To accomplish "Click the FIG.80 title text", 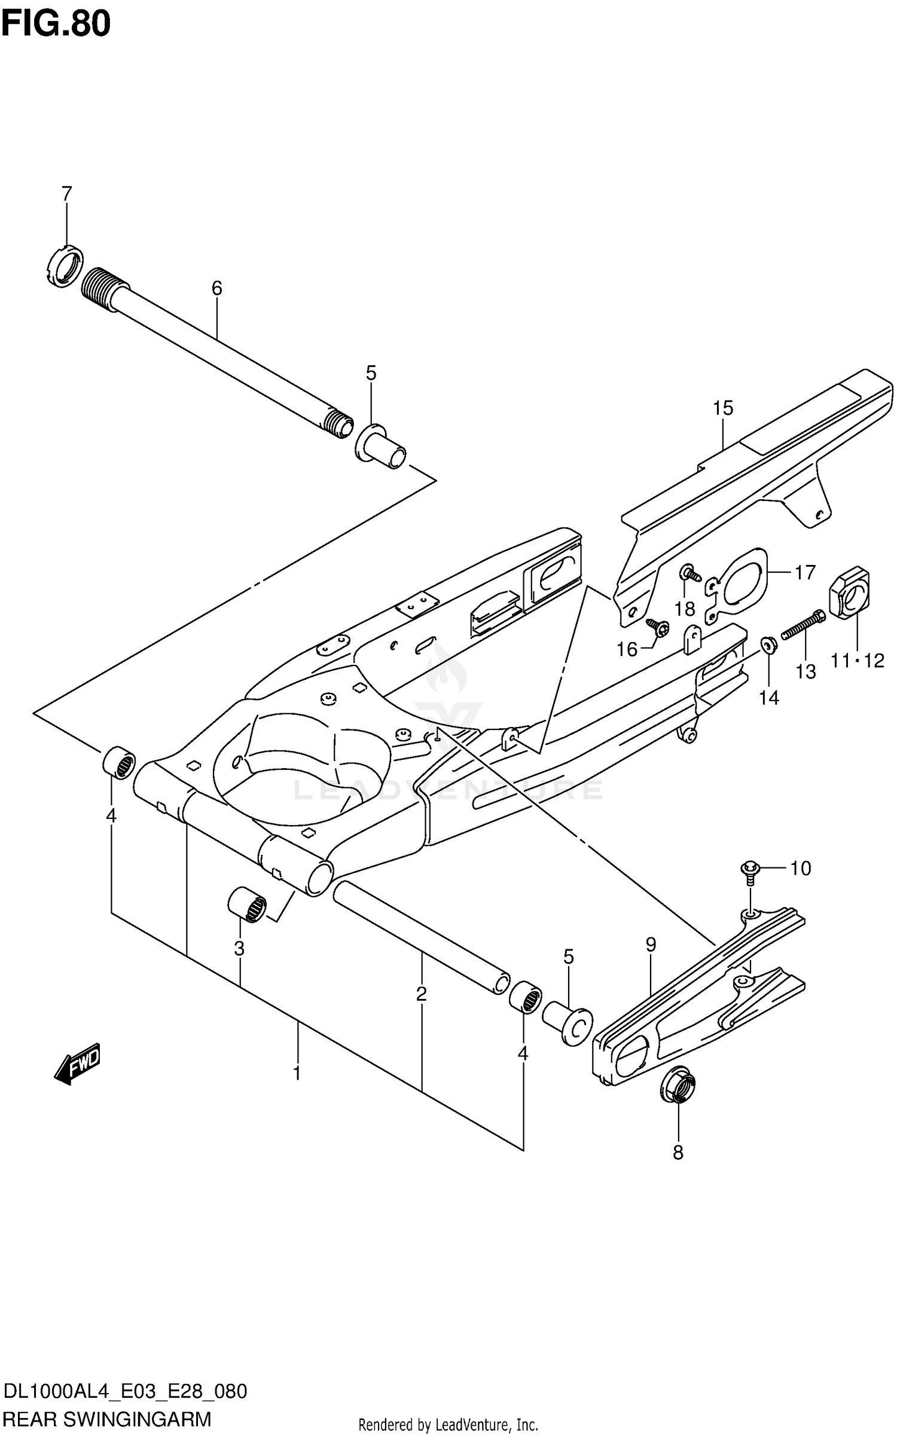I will coord(56,24).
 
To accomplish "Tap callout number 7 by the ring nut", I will coord(66,194).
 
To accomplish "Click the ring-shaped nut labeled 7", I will coord(64,267).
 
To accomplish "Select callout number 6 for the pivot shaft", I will coord(216,288).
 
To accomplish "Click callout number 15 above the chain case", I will coord(722,408).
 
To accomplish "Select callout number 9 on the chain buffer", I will coord(651,945).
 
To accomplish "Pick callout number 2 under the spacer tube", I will coord(421,994).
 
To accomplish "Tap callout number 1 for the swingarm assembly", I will coord(297,1073).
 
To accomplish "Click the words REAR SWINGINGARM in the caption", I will coord(108,1419).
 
